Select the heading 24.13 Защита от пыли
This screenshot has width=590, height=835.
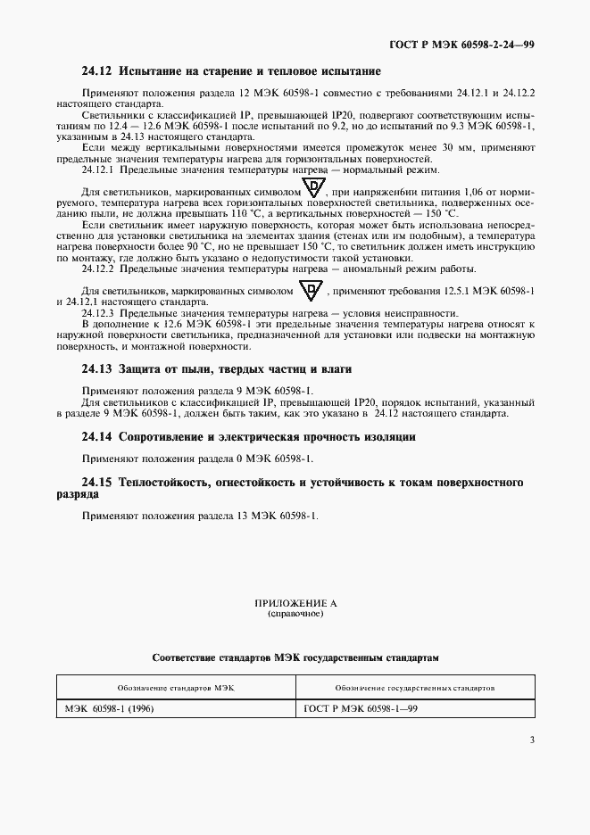(218, 368)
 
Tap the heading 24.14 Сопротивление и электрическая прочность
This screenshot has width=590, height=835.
(249, 436)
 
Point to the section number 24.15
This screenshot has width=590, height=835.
(96, 482)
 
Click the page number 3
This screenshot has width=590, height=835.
(532, 740)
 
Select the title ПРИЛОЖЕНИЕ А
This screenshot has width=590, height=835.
(295, 604)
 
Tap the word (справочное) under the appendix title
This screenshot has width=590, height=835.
(295, 615)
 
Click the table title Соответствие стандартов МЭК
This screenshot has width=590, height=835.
(295, 657)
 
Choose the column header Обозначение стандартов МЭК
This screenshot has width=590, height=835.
(175, 689)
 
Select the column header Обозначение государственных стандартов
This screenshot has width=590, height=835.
(416, 689)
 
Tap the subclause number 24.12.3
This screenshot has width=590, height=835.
(100, 313)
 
